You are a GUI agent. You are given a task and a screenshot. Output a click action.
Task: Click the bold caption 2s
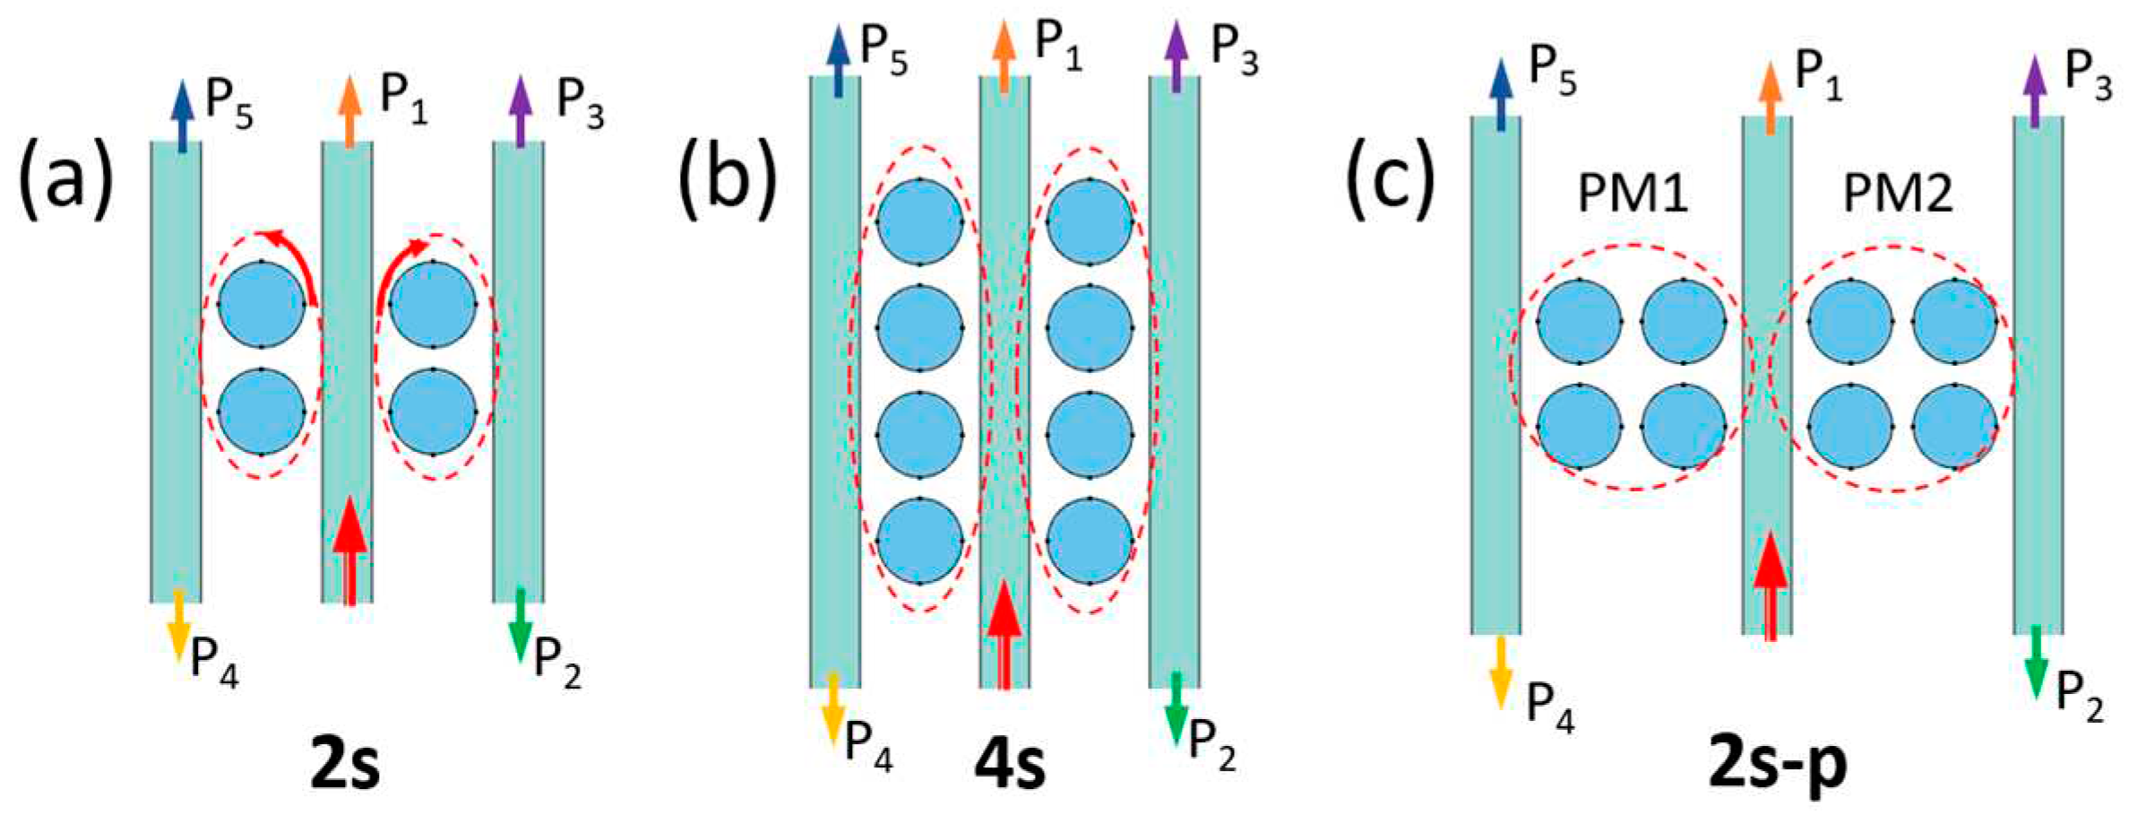tap(345, 764)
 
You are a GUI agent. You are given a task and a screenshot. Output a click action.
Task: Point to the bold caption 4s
tap(1010, 764)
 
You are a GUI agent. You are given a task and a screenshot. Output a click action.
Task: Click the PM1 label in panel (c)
tap(1633, 193)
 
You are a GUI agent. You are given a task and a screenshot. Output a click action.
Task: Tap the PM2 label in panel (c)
tap(1898, 193)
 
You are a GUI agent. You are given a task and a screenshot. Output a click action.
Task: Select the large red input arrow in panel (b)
tap(1004, 632)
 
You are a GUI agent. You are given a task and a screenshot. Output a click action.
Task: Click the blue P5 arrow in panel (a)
tap(183, 115)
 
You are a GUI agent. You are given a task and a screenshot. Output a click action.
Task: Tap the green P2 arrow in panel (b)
tap(1176, 708)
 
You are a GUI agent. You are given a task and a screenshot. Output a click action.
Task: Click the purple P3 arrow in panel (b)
tap(1176, 56)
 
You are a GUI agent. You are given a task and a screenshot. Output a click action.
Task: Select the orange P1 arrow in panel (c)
tap(1770, 97)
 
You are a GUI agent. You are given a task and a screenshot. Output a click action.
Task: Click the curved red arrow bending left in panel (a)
tap(291, 260)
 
